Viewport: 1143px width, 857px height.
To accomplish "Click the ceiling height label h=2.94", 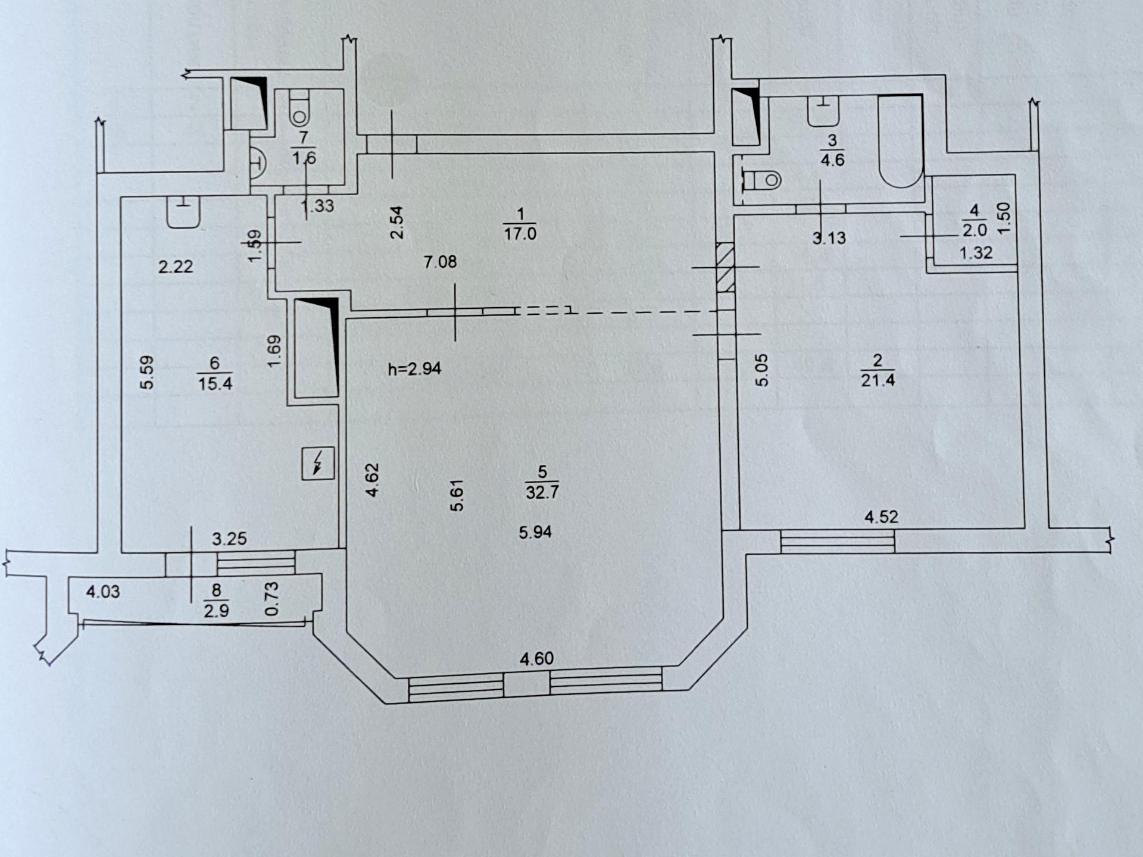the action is pos(414,369).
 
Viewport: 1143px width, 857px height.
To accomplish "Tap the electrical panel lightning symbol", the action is pos(318,463).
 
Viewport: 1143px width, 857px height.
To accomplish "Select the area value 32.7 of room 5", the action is pos(542,492).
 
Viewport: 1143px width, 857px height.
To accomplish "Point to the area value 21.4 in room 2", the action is pos(877,380).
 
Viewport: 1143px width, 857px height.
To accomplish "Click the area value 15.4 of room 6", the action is pos(215,383).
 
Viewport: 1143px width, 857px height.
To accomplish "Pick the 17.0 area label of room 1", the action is pos(520,233).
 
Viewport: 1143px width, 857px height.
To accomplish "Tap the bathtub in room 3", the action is pos(901,141).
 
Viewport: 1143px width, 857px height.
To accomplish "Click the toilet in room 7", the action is pos(299,108).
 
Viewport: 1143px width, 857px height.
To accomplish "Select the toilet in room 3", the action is pos(761,179).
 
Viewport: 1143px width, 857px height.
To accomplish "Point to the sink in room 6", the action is pos(183,213).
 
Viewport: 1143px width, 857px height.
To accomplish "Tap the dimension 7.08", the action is pos(440,262).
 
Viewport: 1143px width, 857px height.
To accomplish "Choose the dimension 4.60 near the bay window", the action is pos(536,658).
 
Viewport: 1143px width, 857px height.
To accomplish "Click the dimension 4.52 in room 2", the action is pos(881,517).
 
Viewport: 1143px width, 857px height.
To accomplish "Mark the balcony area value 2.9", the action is pos(216,611).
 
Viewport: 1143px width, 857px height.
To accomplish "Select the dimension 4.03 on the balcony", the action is pos(103,592).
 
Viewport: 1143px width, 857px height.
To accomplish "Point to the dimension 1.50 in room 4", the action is pos(1004,218).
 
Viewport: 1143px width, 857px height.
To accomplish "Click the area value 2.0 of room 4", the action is pos(975,230).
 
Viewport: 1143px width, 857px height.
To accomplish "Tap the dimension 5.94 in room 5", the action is pos(535,532).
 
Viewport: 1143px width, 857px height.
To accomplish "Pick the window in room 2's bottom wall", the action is pos(838,542).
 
